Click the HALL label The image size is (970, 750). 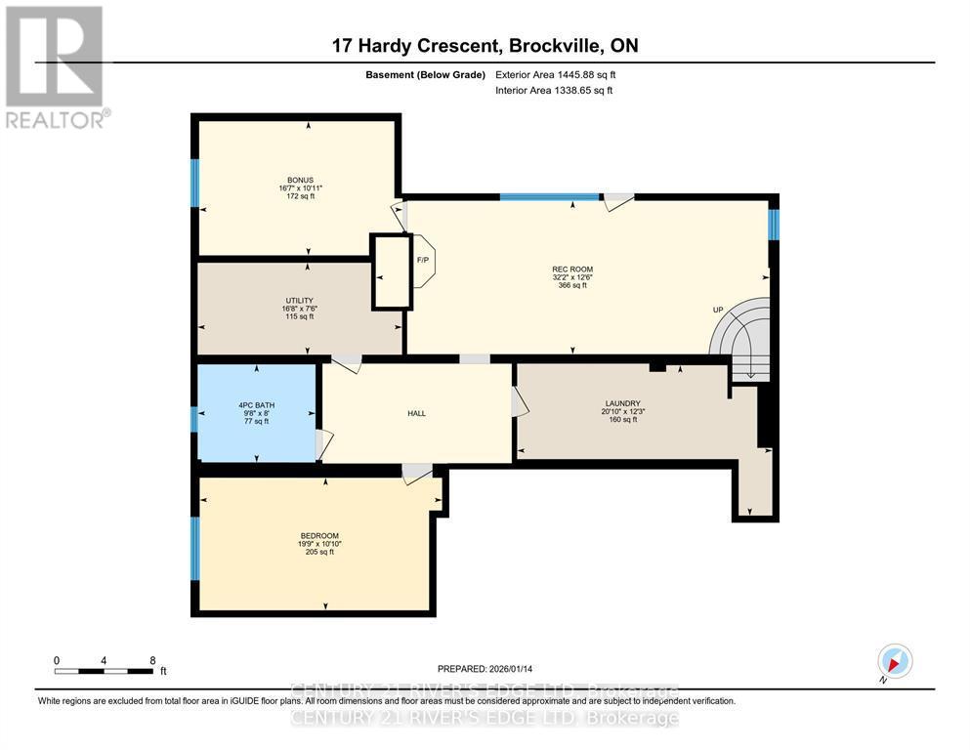pyautogui.click(x=416, y=413)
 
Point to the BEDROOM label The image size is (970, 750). pyautogui.click(x=318, y=535)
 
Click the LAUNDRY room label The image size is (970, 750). pyautogui.click(x=622, y=403)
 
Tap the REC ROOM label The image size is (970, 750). pyautogui.click(x=572, y=270)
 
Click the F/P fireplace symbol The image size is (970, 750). pyautogui.click(x=424, y=261)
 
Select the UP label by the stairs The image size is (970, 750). pyautogui.click(x=718, y=311)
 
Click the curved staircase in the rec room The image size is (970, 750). pyautogui.click(x=742, y=337)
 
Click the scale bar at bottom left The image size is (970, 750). pyautogui.click(x=104, y=671)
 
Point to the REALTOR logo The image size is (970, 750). pyautogui.click(x=56, y=66)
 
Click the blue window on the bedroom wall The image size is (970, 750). pyautogui.click(x=194, y=548)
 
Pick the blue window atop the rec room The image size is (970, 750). pyautogui.click(x=549, y=197)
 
